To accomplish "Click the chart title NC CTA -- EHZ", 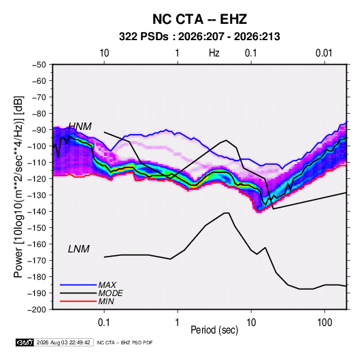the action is click(x=199, y=19).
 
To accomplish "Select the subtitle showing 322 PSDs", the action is click(x=199, y=37).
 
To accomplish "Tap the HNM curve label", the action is click(x=80, y=127).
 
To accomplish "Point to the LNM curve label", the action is click(x=79, y=249).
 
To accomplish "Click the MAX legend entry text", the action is click(x=107, y=285).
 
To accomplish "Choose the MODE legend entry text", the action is click(x=110, y=293).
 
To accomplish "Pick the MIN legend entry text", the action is click(x=106, y=301).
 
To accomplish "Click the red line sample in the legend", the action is click(x=78, y=301).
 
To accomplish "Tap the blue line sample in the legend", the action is click(x=78, y=285).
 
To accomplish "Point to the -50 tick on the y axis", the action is click(x=39, y=65).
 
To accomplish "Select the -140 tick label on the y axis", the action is click(x=37, y=212).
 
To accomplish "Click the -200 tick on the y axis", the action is click(x=37, y=310).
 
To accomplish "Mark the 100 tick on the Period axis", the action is click(x=325, y=323).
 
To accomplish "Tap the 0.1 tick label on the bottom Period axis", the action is click(x=104, y=323).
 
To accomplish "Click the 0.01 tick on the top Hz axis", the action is click(x=324, y=53).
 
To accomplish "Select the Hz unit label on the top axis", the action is click(x=214, y=53).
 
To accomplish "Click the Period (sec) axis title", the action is click(x=214, y=330).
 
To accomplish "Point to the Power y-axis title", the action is click(x=18, y=187).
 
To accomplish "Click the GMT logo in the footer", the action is click(x=24, y=342).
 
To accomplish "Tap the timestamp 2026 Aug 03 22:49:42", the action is click(x=63, y=342).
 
